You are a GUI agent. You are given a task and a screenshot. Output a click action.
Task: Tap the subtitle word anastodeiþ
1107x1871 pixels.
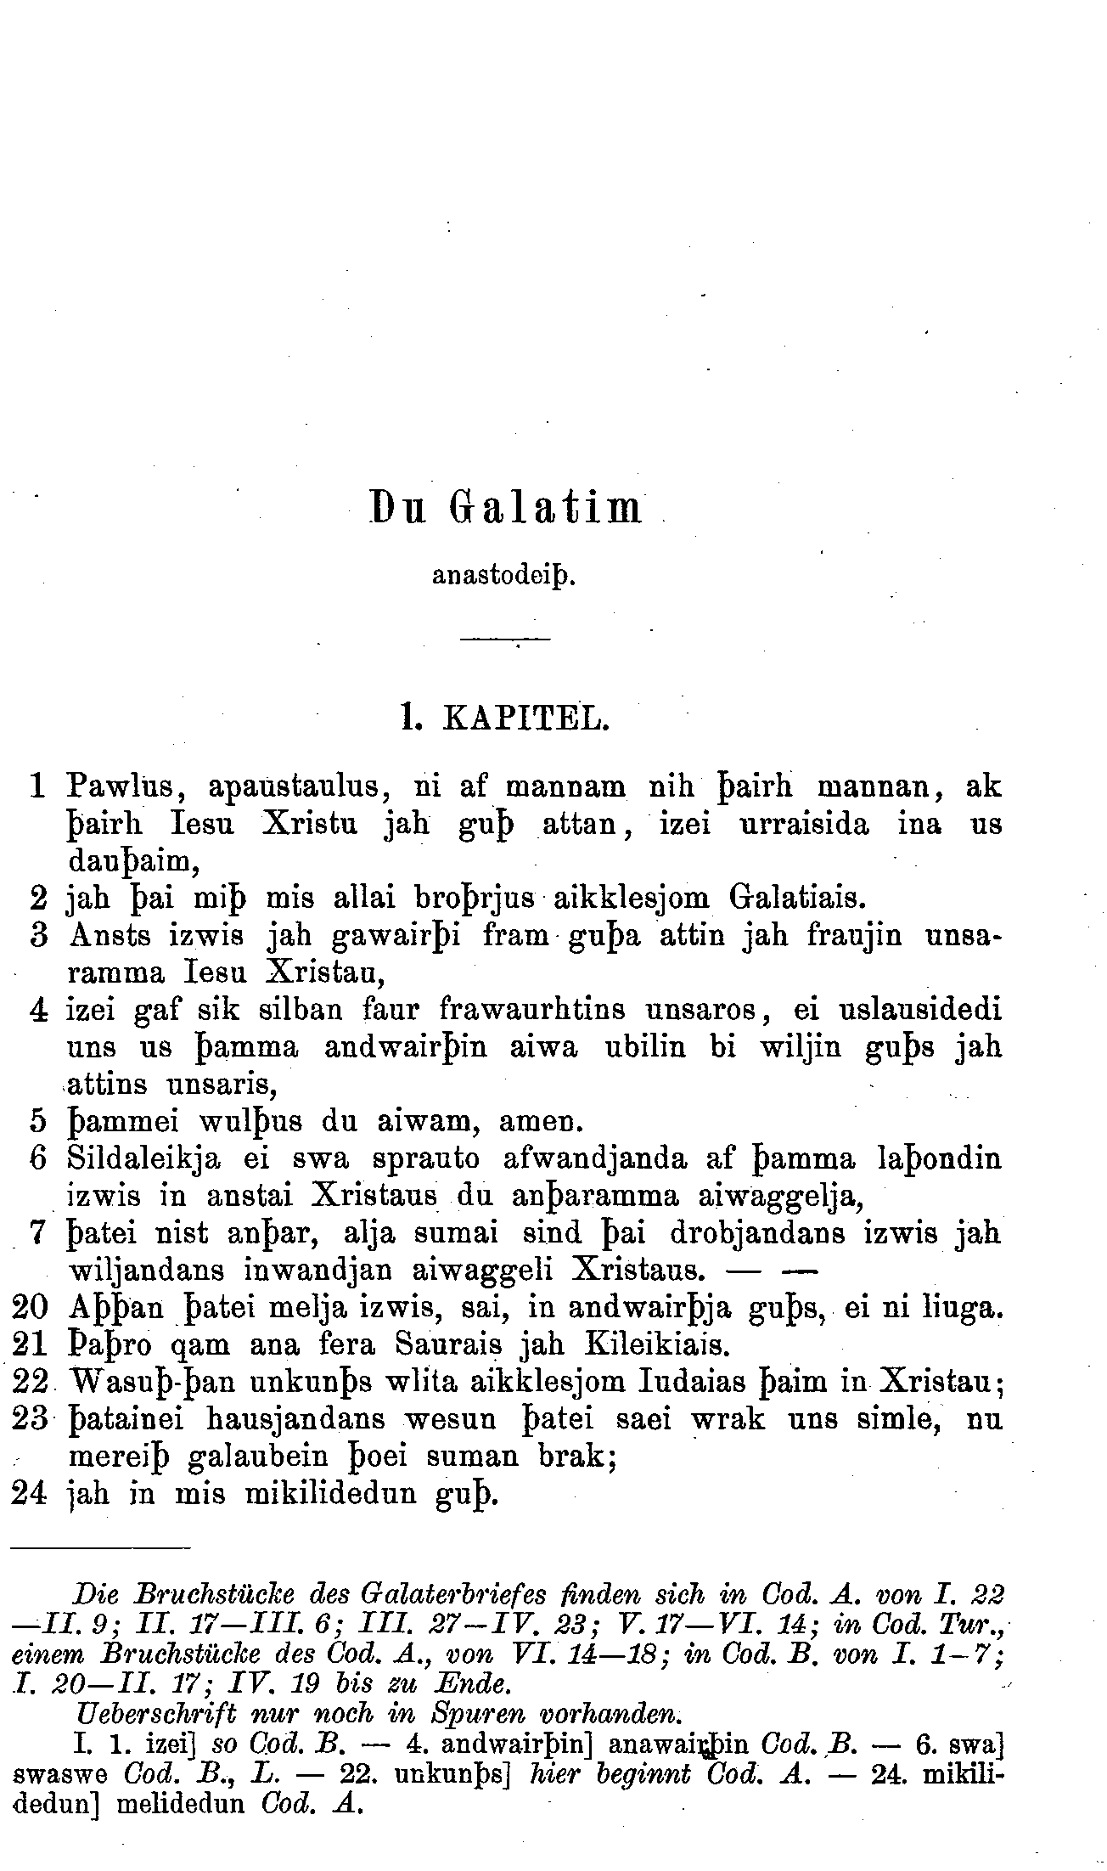pos(504,576)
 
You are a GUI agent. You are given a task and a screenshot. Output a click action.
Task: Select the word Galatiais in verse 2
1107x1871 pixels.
pos(796,898)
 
